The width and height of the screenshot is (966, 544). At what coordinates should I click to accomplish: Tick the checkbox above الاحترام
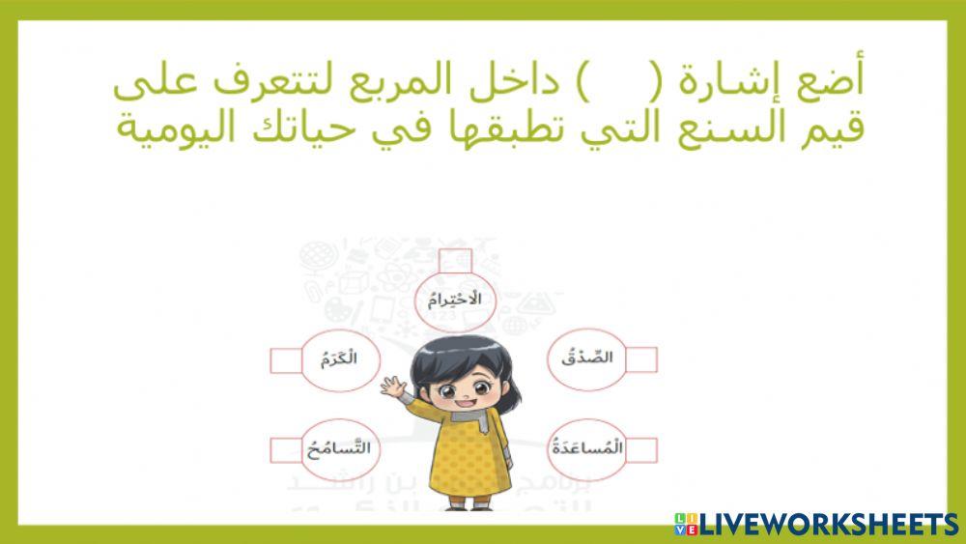click(x=454, y=261)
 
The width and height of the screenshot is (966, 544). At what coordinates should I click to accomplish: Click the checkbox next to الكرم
click(x=286, y=360)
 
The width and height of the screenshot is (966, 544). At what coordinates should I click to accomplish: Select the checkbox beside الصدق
click(x=640, y=359)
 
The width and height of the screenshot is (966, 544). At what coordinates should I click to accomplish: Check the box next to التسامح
click(x=286, y=450)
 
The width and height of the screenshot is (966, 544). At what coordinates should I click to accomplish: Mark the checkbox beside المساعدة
click(x=640, y=449)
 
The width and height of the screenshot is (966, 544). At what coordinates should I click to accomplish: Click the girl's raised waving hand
click(x=394, y=389)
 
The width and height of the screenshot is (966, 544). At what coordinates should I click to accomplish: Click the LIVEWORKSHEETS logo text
click(x=827, y=524)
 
